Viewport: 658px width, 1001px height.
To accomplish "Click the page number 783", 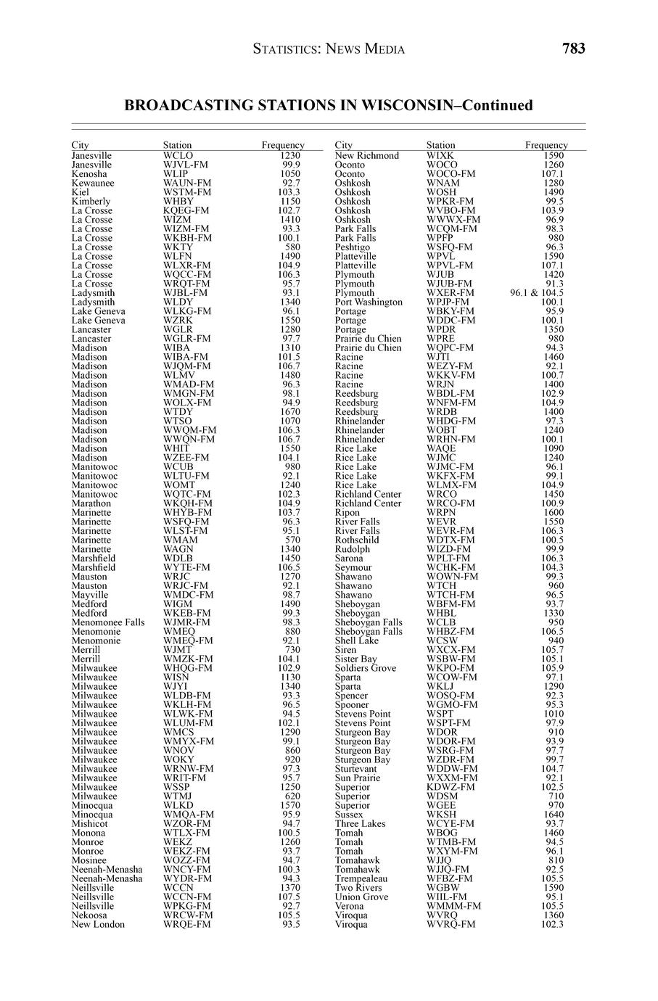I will pyautogui.click(x=573, y=49).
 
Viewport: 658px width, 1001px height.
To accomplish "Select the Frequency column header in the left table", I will pyautogui.click(x=283, y=145).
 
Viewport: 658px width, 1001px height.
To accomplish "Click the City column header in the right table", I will pyautogui.click(x=344, y=145).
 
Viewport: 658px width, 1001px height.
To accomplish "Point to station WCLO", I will pyautogui.click(x=178, y=155).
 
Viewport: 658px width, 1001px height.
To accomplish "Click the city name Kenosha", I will pyautogui.click(x=89, y=174).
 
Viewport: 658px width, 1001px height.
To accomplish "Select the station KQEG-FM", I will pyautogui.click(x=186, y=210).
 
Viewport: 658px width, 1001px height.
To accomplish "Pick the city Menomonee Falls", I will pyautogui.click(x=107, y=622).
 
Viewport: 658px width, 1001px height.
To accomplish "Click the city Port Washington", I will pyautogui.click(x=369, y=302).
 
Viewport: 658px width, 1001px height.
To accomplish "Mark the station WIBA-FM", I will pyautogui.click(x=185, y=357).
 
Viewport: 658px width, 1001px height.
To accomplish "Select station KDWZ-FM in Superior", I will pyautogui.click(x=451, y=787).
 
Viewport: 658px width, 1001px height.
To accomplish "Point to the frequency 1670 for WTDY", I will pyautogui.click(x=289, y=411).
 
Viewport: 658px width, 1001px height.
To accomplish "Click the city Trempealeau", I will pyautogui.click(x=361, y=878).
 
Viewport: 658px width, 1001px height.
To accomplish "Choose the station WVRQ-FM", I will pyautogui.click(x=451, y=924).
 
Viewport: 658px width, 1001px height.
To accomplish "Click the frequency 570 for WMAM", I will pyautogui.click(x=292, y=540).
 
